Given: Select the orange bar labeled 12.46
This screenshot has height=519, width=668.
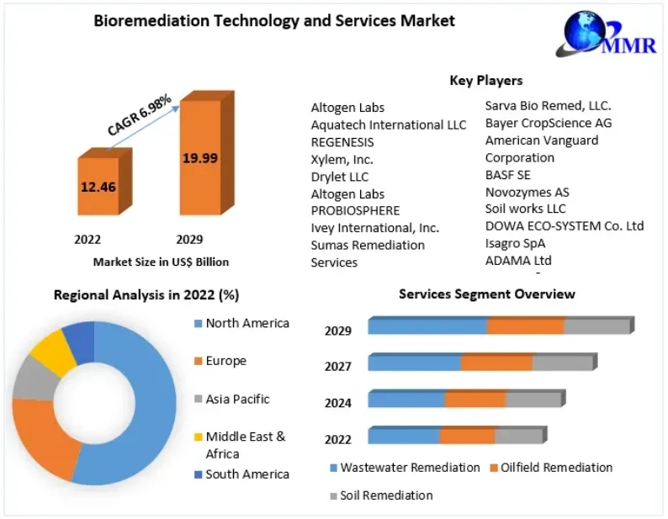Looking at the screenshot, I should click(98, 192).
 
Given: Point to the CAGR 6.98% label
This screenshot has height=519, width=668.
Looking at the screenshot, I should click(139, 115).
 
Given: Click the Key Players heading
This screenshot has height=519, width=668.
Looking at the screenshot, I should click(485, 81).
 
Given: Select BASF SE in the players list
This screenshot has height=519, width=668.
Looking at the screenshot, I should click(507, 175).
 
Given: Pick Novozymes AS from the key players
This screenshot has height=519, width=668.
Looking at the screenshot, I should click(527, 192).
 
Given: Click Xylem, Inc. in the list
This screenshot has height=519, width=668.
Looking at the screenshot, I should click(342, 159).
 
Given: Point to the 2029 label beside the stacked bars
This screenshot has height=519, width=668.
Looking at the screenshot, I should click(338, 331).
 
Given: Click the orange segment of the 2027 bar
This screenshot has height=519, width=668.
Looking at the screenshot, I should click(496, 363).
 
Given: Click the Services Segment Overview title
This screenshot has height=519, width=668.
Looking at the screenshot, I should click(486, 294).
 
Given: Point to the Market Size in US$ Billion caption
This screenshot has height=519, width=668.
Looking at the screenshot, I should click(161, 262).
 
